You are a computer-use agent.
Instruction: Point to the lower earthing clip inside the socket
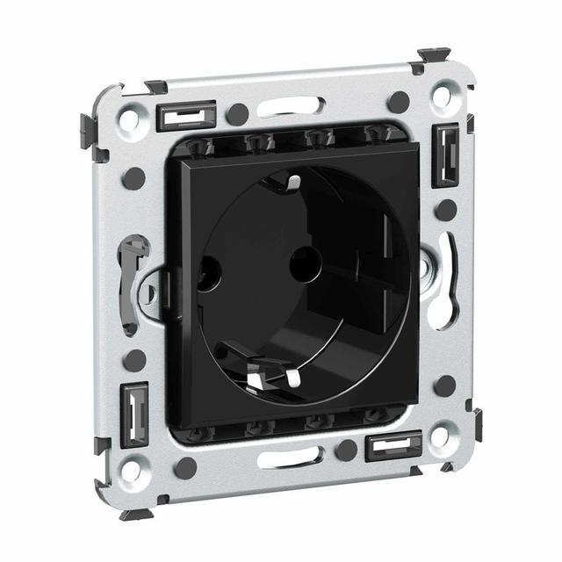(x=264, y=376)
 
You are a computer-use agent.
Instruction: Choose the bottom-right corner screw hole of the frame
(x=441, y=436)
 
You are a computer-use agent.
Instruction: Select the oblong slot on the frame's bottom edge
(x=291, y=457)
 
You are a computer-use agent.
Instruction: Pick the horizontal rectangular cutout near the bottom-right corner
(x=394, y=446)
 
